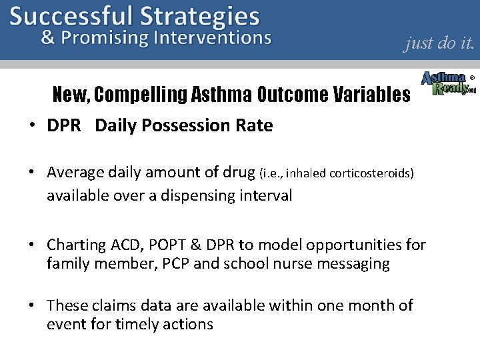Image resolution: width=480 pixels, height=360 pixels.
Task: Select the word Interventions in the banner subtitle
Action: pyautogui.click(x=212, y=38)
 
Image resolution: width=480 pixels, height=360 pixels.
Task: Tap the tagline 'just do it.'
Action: pyautogui.click(x=439, y=43)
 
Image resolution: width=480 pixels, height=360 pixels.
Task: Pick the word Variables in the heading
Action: pyautogui.click(x=371, y=95)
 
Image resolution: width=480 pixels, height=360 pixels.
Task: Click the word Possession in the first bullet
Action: pyautogui.click(x=175, y=125)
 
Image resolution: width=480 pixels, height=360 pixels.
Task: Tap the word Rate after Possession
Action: pyautogui.click(x=254, y=125)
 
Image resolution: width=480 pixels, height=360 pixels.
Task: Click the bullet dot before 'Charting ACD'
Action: pyautogui.click(x=32, y=245)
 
